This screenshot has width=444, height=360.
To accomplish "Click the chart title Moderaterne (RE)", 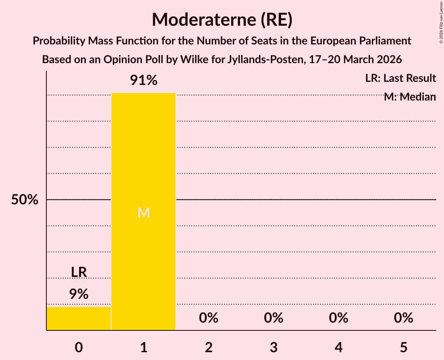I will click(222, 19).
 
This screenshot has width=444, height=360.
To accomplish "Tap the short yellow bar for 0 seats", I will click(79, 318).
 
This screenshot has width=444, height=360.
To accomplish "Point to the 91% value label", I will click(143, 81).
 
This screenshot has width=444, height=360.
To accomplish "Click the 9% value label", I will click(79, 294).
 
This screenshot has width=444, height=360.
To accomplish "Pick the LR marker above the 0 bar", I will click(79, 272).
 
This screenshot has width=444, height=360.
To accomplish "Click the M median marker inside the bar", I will click(143, 213).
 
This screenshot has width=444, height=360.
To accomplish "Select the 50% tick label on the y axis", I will click(25, 200).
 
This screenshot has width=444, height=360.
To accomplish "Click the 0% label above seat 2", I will click(209, 318).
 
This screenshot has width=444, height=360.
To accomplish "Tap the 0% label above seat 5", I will click(403, 318).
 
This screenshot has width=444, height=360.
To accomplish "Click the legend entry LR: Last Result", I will click(400, 78).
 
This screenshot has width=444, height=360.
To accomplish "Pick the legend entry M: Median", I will click(409, 97).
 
